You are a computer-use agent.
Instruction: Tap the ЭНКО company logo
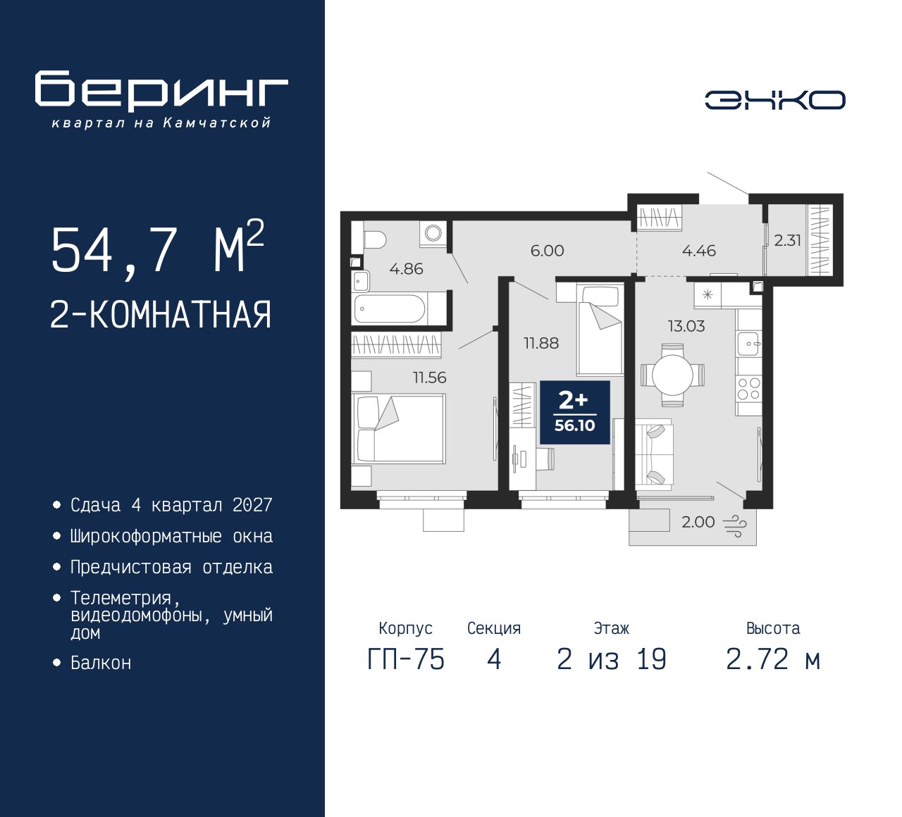click(774, 100)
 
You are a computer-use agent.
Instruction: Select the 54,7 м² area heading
click(157, 248)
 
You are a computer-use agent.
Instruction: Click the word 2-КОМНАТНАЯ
click(161, 315)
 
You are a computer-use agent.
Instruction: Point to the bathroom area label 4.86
click(406, 268)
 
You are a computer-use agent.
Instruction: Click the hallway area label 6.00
click(547, 251)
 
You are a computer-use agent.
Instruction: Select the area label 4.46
click(698, 251)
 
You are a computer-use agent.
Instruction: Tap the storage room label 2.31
click(787, 240)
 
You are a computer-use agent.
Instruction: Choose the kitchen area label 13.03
click(686, 326)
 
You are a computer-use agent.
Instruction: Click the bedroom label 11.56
click(429, 378)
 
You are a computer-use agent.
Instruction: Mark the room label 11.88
click(540, 343)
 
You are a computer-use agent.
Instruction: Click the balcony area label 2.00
click(698, 522)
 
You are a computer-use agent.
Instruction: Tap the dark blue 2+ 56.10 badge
click(574, 413)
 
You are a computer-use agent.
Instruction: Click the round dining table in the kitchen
click(672, 375)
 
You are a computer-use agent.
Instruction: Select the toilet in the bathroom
click(372, 239)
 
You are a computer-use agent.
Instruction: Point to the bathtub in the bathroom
click(390, 308)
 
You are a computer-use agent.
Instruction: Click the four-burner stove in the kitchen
click(748, 389)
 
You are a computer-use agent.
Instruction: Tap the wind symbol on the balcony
click(735, 525)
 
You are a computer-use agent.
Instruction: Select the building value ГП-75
click(406, 659)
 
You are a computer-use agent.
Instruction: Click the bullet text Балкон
click(101, 663)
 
